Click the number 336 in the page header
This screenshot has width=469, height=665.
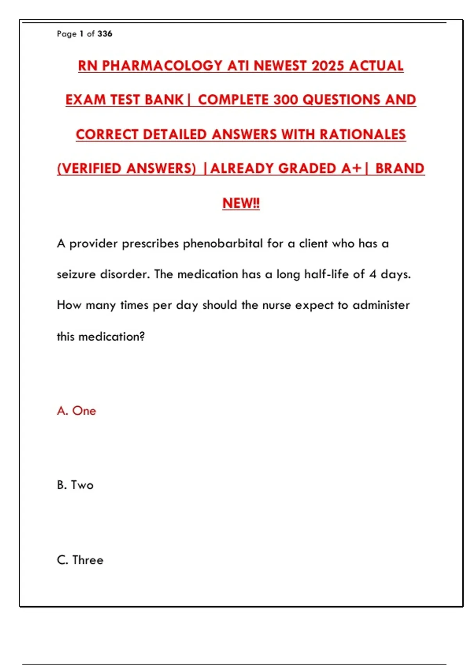[105, 34]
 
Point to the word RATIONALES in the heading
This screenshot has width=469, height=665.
[363, 135]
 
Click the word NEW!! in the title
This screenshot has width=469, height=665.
[241, 203]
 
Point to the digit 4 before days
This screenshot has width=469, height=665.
[373, 274]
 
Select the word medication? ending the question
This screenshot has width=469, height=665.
[111, 336]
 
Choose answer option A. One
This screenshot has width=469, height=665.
[77, 411]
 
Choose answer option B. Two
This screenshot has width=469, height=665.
[75, 485]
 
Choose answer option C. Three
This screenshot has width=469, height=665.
[80, 560]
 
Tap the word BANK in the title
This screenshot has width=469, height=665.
[164, 100]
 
